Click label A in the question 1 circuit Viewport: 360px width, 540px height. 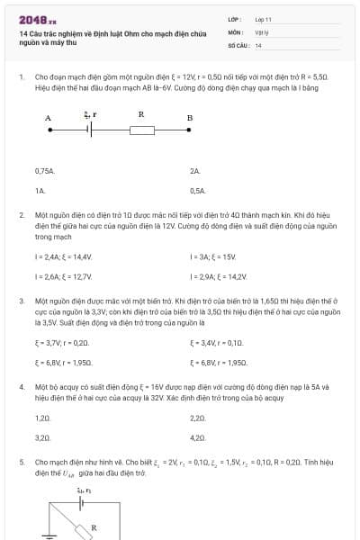coord(48,118)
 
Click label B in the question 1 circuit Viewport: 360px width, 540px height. coord(189,118)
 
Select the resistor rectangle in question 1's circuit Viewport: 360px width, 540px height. coord(143,130)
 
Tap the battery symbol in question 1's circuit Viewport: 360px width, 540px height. coord(88,130)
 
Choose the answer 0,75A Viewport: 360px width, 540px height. coord(45,170)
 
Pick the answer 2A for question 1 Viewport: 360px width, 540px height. coord(195,170)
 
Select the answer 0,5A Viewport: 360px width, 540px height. coord(198,191)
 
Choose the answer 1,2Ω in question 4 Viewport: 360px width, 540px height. coord(42,418)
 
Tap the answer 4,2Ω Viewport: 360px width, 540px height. coord(199,437)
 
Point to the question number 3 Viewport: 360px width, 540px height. coord(21,299)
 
